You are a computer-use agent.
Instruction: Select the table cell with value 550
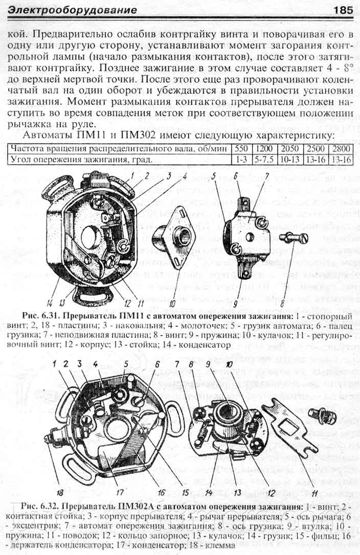(239, 149)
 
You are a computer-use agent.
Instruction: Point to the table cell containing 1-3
(239, 159)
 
